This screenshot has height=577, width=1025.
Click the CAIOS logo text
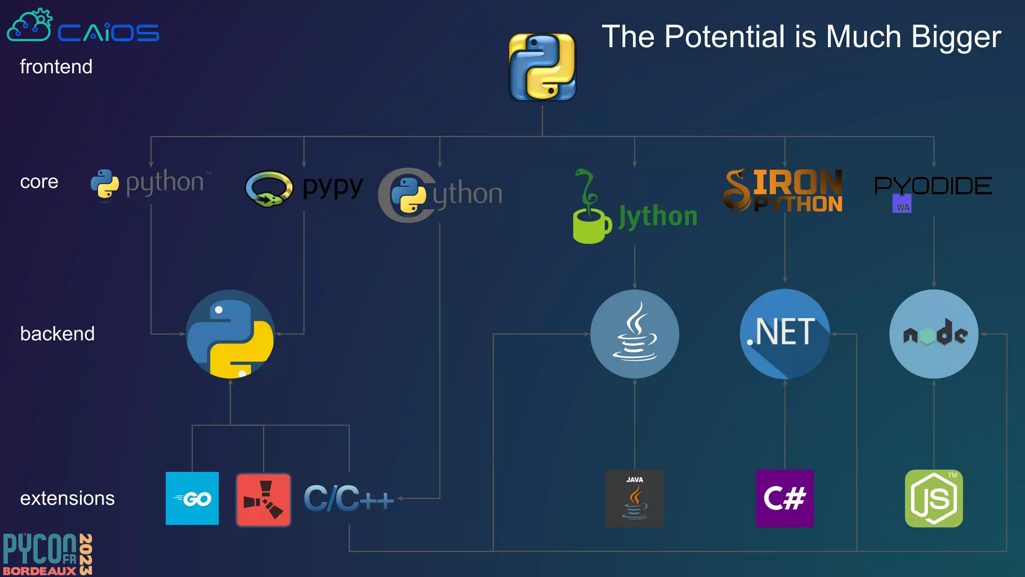click(108, 33)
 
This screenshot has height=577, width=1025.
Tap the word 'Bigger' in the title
click(956, 37)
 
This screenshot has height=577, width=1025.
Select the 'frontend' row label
click(56, 67)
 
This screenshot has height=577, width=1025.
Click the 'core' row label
click(39, 182)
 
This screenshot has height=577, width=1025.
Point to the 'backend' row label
click(57, 334)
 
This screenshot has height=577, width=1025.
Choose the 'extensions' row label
click(67, 498)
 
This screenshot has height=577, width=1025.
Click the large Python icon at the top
click(542, 67)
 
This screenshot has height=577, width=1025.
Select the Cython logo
click(439, 195)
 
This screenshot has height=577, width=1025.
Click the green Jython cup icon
click(591, 225)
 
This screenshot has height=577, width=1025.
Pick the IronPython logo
click(783, 191)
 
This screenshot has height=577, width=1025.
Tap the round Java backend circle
click(635, 334)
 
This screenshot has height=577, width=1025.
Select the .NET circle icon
click(784, 334)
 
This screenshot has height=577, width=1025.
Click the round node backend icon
click(933, 334)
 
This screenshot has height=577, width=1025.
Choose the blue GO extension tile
click(192, 498)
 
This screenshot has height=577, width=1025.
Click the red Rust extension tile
click(263, 499)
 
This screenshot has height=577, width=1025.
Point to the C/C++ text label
click(348, 498)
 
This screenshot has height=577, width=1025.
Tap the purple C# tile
click(784, 498)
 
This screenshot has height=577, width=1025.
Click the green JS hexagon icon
click(933, 498)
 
